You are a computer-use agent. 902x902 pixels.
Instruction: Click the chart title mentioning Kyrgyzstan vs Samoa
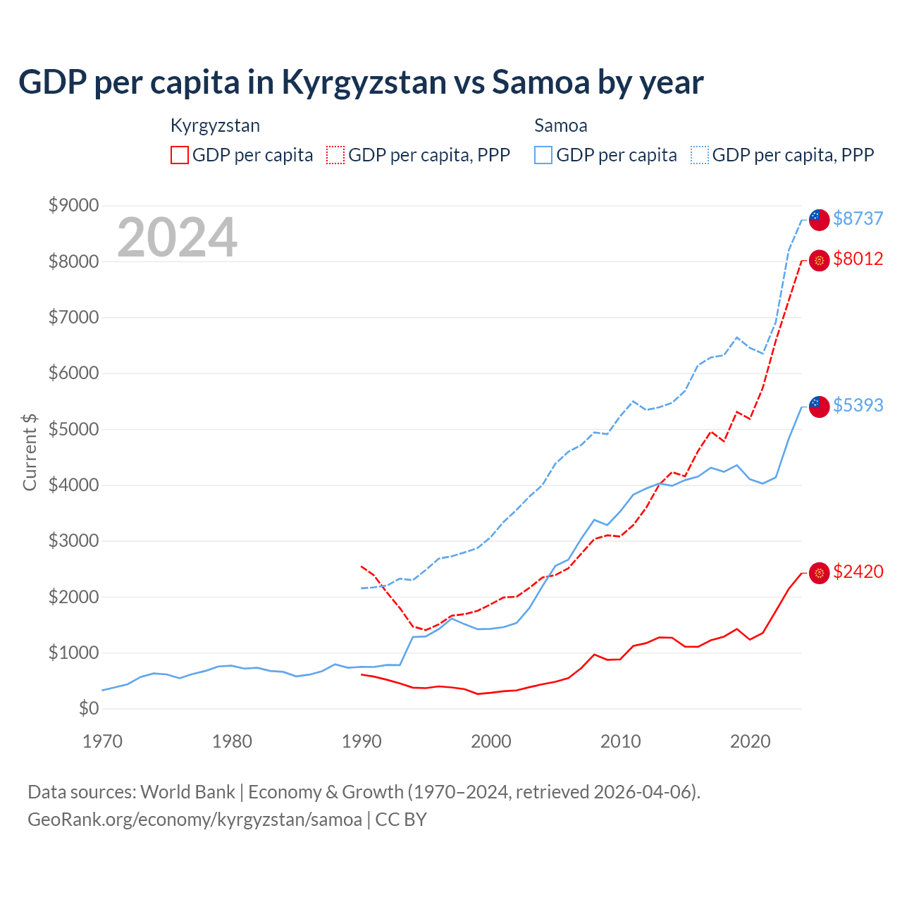[361, 82]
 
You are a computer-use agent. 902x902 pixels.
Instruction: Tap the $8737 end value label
[858, 218]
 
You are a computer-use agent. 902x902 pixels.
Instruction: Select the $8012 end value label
[858, 259]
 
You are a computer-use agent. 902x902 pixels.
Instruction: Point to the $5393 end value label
[858, 405]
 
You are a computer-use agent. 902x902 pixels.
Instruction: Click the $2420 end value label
[858, 572]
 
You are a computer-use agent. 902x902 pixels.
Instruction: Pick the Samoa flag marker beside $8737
[819, 220]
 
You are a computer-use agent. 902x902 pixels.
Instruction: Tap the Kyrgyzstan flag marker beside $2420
[819, 573]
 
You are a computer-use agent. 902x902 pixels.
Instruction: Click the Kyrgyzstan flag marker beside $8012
[819, 261]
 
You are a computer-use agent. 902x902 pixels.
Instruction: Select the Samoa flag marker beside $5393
[819, 407]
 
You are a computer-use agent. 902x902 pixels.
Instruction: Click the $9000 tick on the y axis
[73, 205]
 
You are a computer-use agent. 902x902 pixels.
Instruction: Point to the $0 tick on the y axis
[89, 708]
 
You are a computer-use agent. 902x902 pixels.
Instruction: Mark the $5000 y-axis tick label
[73, 429]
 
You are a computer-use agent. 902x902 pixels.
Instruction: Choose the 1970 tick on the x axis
[103, 741]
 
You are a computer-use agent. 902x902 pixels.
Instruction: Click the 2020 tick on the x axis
[750, 741]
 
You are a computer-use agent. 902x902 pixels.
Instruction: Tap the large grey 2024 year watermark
[177, 237]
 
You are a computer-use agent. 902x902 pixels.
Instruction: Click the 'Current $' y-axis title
[30, 452]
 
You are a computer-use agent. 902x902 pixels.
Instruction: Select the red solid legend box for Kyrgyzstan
[180, 155]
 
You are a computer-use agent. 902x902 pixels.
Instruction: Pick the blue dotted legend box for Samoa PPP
[700, 155]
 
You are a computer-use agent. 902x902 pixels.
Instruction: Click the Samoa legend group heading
[560, 125]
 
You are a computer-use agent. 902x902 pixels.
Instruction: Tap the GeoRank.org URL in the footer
[194, 820]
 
